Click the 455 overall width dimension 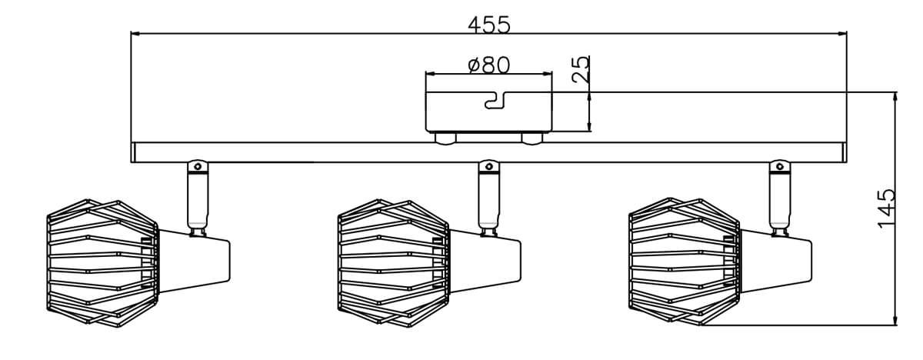489,25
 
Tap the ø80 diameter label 489,65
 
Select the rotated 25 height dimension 581,68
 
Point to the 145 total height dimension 886,208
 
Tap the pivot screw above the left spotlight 198,167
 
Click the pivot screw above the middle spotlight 488,167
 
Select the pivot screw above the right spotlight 780,167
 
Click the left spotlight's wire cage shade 102,263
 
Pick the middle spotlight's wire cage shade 394,263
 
